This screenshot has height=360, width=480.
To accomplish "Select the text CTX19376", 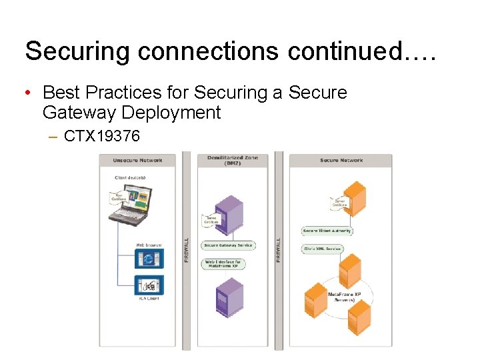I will click(102, 137).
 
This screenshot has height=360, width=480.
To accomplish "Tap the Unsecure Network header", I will click(138, 160).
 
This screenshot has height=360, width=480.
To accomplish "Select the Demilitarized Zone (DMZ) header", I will click(233, 160).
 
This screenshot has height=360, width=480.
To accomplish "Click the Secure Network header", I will click(341, 160).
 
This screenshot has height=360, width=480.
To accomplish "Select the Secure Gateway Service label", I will click(228, 245).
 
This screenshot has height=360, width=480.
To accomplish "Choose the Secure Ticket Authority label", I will click(327, 231).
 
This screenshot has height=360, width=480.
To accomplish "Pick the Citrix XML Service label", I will click(322, 249).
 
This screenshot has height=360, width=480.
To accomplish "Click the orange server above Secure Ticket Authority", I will click(354, 199).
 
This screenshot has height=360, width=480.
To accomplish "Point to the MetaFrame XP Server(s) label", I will click(345, 297).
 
